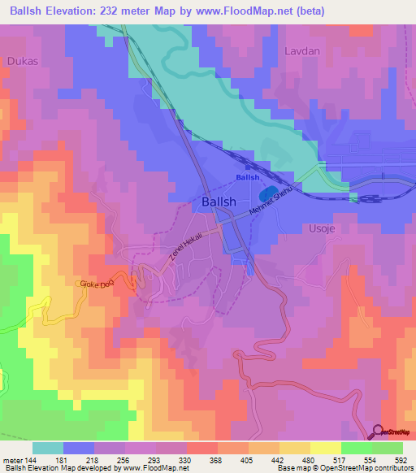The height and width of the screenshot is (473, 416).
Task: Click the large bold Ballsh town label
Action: (219, 202)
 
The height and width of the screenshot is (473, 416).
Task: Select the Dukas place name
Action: (21, 61)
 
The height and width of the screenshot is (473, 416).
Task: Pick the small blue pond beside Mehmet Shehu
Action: (265, 196)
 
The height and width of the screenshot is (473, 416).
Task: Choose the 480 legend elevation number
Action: (310, 459)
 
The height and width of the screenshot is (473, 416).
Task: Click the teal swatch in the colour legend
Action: (48, 448)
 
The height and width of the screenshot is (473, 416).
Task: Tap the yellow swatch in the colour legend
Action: (325, 448)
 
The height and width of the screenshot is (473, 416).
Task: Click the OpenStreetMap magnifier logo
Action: (377, 432)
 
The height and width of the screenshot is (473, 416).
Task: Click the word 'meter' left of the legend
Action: (12, 459)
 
